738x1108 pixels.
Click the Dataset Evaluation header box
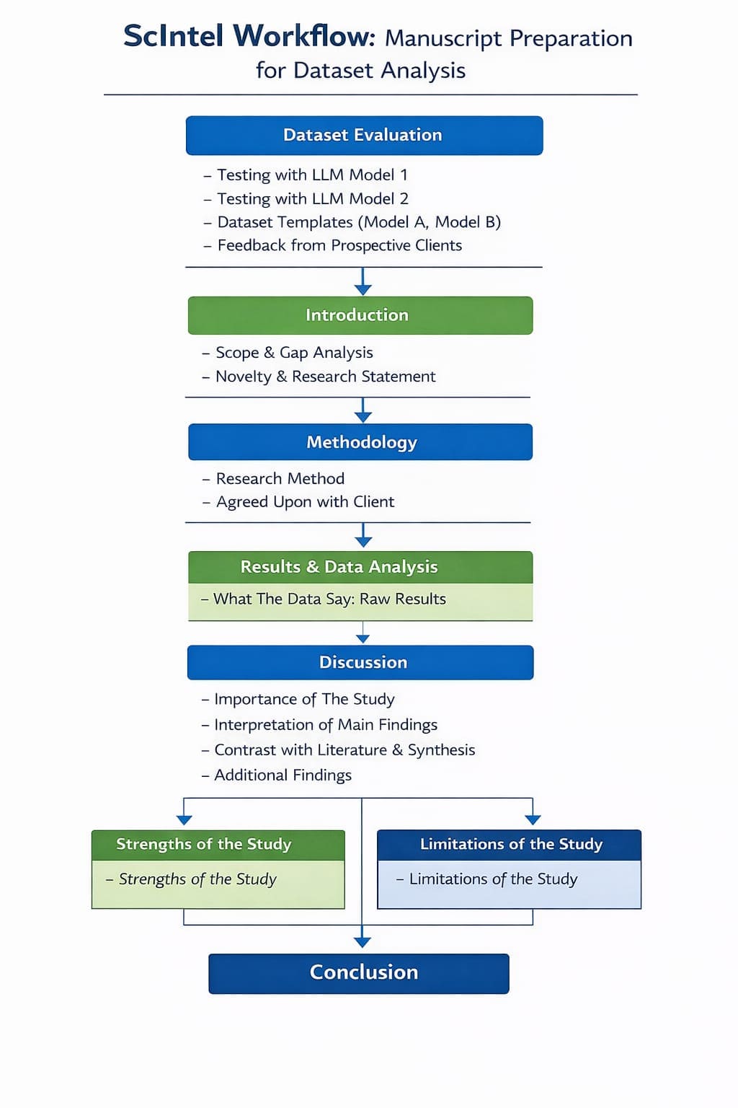[364, 136]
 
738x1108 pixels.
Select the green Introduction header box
[360, 315]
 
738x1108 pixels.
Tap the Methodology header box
[360, 442]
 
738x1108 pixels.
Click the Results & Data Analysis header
[360, 567]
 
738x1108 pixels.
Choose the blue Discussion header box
[360, 662]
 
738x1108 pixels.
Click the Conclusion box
[359, 973]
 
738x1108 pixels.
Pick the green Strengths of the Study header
[218, 844]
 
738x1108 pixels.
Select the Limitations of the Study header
[510, 844]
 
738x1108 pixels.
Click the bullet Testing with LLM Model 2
[312, 198]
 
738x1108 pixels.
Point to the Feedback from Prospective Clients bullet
[339, 245]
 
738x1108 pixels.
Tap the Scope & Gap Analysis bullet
[294, 353]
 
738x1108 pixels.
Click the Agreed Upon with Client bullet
[305, 502]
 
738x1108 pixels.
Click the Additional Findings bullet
[283, 775]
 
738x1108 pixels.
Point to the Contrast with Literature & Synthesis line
[344, 750]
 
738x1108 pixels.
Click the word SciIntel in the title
[176, 36]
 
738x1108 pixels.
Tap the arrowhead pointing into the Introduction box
[363, 289]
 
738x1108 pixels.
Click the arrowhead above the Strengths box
[184, 819]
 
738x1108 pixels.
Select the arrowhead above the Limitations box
[533, 819]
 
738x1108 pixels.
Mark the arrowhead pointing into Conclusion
[363, 942]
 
